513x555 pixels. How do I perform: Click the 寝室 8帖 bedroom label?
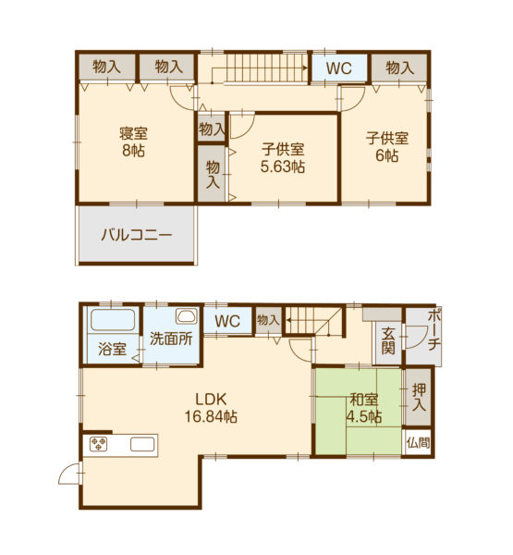[x=133, y=142]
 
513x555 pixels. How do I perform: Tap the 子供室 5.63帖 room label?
[x=283, y=158]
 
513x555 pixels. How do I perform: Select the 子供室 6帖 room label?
[x=387, y=146]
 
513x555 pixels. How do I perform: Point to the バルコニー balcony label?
[x=137, y=235]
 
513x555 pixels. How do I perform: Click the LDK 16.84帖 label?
[x=211, y=408]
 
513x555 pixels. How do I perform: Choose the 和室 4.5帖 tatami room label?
[x=363, y=408]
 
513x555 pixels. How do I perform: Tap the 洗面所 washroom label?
[x=171, y=339]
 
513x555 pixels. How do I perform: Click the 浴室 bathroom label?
[x=112, y=349]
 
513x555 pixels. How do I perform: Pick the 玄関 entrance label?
[x=388, y=341]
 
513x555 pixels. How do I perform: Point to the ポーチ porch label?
[x=434, y=330]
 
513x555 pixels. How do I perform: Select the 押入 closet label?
[x=419, y=397]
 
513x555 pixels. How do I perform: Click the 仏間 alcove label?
[x=418, y=442]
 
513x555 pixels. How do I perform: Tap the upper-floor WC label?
[x=339, y=68]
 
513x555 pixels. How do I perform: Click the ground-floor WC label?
[x=227, y=321]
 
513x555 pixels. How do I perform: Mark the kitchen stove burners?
[x=98, y=444]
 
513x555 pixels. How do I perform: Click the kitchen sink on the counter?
[x=142, y=444]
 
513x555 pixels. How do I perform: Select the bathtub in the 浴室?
[x=113, y=320]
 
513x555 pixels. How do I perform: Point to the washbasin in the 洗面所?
[x=187, y=316]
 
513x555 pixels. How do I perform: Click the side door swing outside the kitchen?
[x=69, y=474]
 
